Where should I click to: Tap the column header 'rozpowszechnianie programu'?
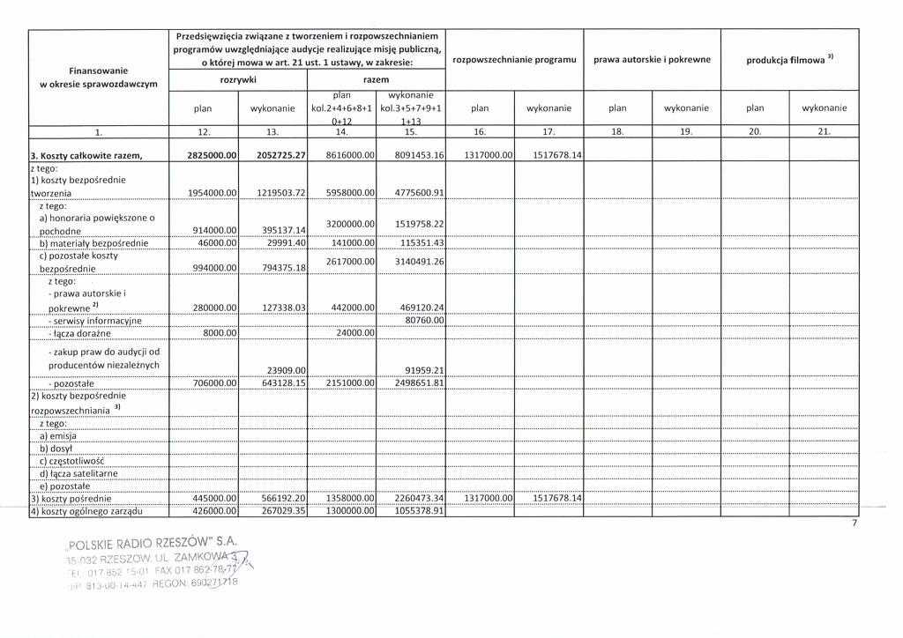pyautogui.click(x=514, y=60)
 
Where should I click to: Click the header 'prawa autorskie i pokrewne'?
pyautogui.click(x=652, y=60)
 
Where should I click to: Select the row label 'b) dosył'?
pyautogui.click(x=56, y=448)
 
